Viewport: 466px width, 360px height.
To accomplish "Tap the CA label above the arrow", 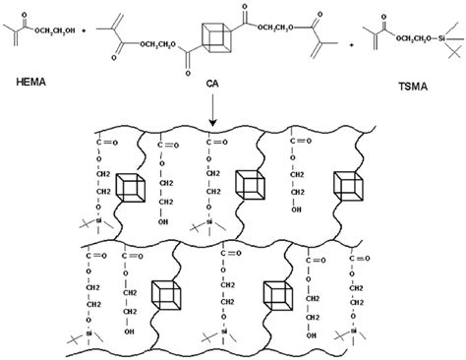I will [210, 86].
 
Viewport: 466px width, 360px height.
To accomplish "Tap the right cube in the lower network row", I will [276, 293].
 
